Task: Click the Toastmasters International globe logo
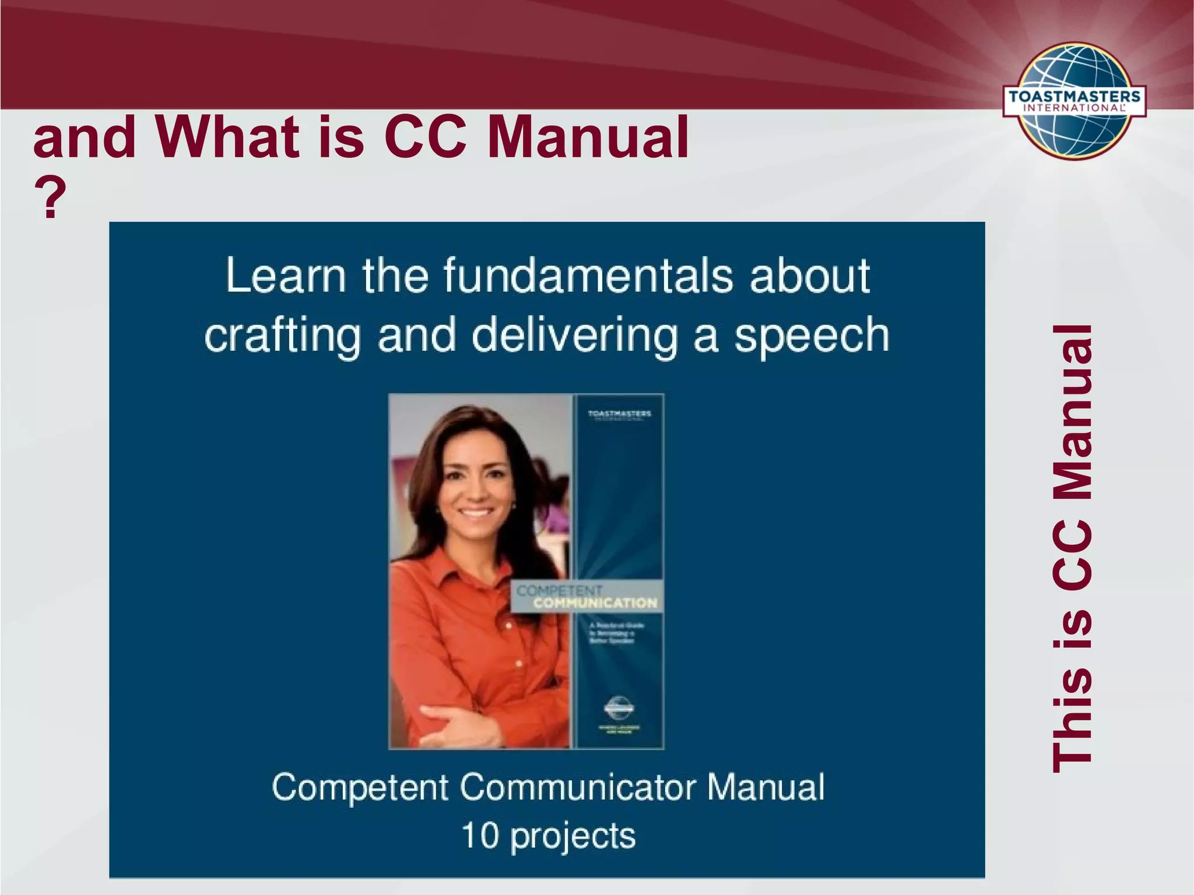pos(1074,100)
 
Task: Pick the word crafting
pos(283,337)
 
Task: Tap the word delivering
pos(574,336)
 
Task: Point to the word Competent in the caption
pos(360,787)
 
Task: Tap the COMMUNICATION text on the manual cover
pos(595,603)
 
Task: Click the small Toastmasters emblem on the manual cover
pos(619,708)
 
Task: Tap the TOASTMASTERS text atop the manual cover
pos(619,414)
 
